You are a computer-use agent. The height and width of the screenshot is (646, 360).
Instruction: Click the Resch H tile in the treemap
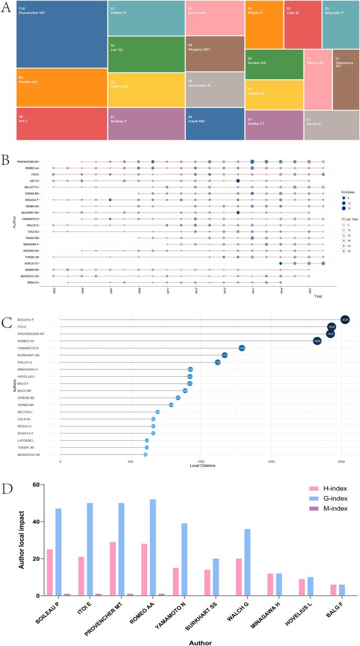[331, 125]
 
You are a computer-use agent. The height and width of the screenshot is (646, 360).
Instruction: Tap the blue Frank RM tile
[215, 124]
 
